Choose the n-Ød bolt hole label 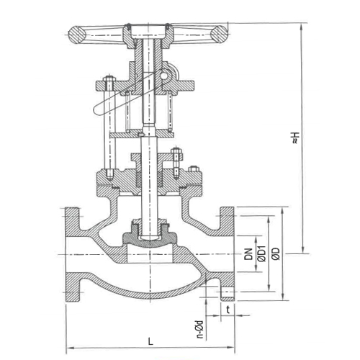(x=199, y=327)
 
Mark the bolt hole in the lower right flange (x=228, y=291)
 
